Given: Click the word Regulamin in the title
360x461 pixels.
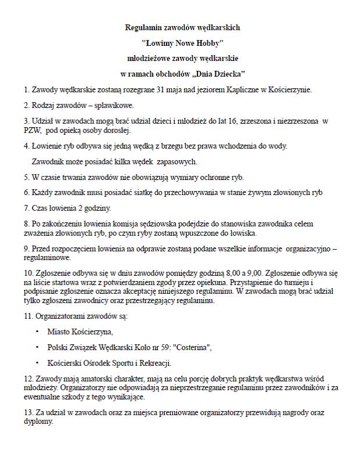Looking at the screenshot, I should tap(143, 27).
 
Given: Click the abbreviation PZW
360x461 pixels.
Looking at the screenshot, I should tap(32, 130).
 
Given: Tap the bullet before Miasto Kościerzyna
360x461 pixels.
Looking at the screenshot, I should tap(38, 332).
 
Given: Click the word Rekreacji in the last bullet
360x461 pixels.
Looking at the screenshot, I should tap(152, 363).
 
